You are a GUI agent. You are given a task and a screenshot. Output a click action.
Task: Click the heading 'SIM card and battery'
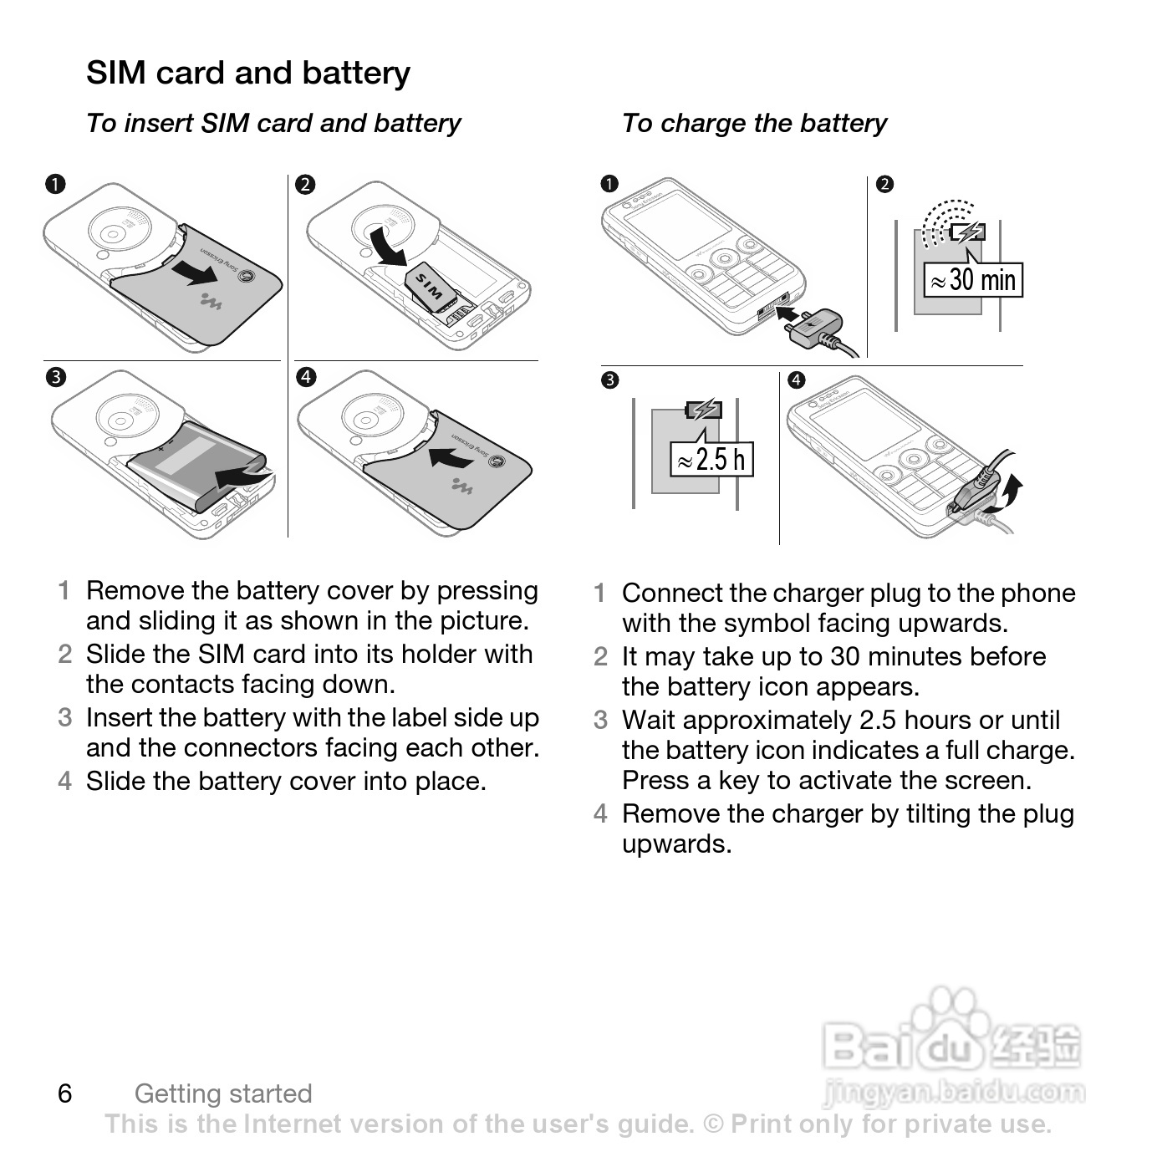coord(248,73)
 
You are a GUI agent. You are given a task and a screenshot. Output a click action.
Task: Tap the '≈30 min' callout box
coord(973,279)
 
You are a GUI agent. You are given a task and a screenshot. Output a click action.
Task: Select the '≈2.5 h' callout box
coord(711,459)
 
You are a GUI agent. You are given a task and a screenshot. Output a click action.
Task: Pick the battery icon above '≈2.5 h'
coord(703,410)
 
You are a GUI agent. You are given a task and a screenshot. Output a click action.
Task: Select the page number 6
coord(65,1093)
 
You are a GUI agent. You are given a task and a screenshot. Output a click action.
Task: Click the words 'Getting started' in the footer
coord(223,1093)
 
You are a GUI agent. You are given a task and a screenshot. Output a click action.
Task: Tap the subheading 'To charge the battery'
coord(754,123)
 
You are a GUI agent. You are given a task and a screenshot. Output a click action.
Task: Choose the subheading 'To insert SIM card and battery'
coord(273,123)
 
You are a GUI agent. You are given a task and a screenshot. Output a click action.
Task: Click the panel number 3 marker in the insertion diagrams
coord(55,377)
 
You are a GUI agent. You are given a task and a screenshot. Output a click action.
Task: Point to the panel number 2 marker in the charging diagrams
coord(884,184)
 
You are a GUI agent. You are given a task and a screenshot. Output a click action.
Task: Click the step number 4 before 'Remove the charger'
coord(600,813)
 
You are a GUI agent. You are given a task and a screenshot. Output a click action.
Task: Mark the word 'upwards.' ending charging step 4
coord(676,844)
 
